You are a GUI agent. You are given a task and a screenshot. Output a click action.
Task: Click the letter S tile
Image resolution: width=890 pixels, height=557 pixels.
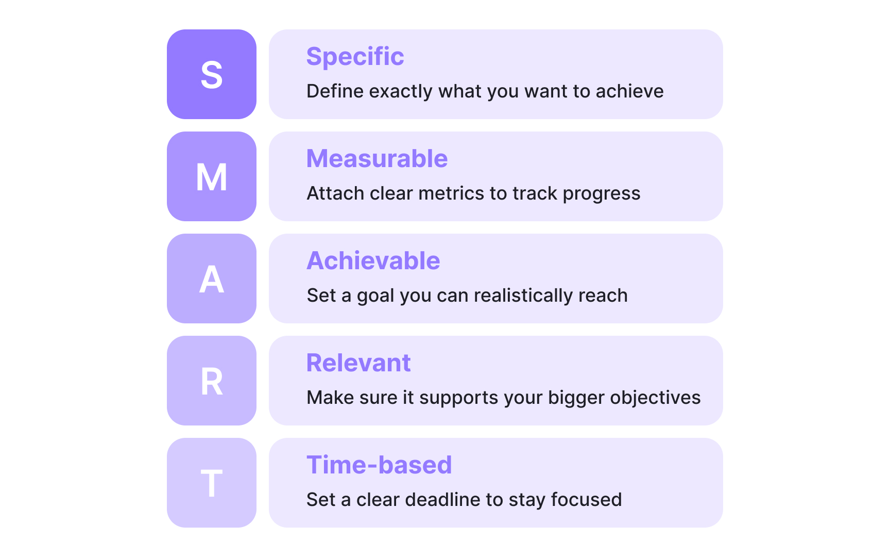click(x=212, y=74)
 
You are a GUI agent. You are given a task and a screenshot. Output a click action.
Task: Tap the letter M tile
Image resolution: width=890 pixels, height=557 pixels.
click(x=212, y=176)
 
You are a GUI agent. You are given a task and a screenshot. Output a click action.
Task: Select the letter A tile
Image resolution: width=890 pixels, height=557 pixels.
click(x=212, y=278)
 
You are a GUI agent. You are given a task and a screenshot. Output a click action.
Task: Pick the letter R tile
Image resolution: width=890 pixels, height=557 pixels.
click(x=212, y=381)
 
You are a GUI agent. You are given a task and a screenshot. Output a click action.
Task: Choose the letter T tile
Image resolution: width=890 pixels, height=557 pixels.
click(x=212, y=483)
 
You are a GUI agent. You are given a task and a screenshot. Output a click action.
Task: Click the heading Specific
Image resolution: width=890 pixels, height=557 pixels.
click(x=355, y=56)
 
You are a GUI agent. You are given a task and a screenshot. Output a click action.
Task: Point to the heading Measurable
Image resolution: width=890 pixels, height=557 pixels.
click(x=377, y=158)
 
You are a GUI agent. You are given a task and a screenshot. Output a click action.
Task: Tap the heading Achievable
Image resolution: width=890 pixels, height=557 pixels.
click(x=373, y=260)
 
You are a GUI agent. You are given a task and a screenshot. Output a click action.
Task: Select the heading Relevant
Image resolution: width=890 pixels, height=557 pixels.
click(x=358, y=363)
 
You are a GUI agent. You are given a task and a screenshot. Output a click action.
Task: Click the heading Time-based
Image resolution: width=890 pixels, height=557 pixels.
click(x=379, y=465)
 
